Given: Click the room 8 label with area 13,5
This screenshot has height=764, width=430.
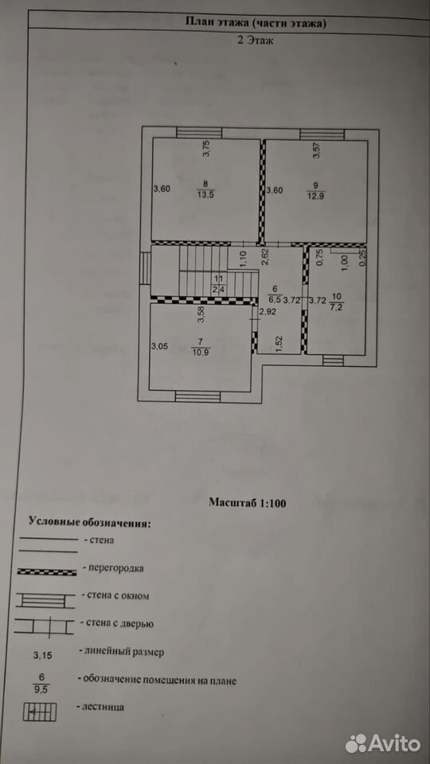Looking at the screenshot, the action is click(205, 188).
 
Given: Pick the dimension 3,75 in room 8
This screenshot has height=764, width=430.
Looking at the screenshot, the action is click(205, 148).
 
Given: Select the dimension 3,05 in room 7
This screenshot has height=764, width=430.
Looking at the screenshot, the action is click(159, 346).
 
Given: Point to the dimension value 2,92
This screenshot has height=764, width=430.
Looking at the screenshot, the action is click(268, 312).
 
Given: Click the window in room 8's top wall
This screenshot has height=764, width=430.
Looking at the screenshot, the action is click(199, 133).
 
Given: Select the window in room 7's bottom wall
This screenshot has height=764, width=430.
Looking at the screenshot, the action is click(198, 396).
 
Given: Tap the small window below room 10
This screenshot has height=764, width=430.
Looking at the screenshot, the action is click(333, 360).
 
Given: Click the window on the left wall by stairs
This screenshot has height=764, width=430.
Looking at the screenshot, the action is click(145, 267).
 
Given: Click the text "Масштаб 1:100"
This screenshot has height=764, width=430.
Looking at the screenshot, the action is click(247, 502).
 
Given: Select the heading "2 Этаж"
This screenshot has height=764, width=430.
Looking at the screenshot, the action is click(255, 41).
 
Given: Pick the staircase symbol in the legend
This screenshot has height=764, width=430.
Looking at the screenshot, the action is click(40, 711).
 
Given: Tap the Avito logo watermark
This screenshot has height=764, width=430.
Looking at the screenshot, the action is click(383, 743).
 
